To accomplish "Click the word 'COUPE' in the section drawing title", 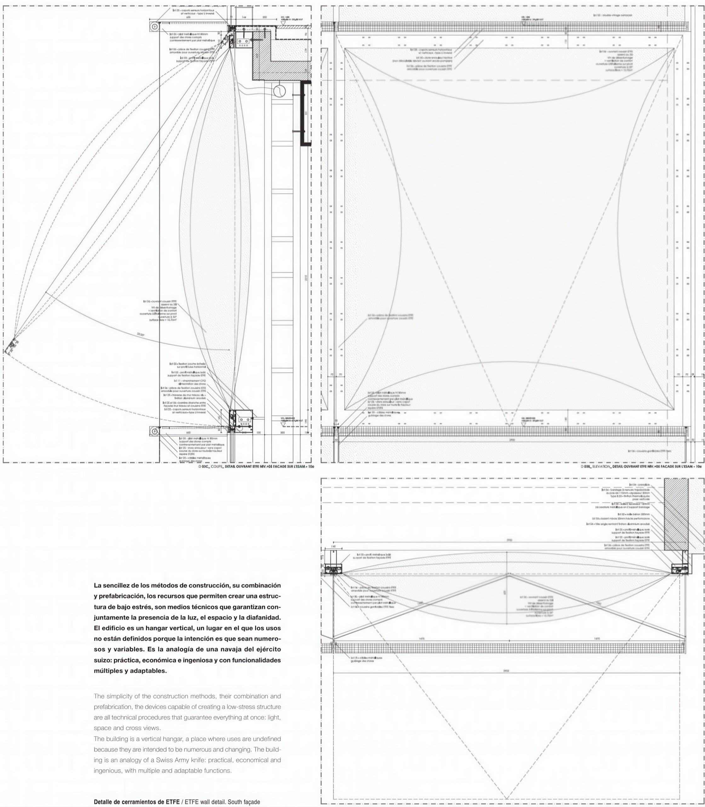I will (x=215, y=467).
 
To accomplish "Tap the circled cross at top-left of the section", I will (x=155, y=26).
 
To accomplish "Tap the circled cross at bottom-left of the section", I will (x=155, y=432).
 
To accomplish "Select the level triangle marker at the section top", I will (x=283, y=24).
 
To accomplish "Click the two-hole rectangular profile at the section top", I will (x=243, y=41).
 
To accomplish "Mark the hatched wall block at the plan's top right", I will (x=676, y=514).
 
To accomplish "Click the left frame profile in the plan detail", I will (x=333, y=569).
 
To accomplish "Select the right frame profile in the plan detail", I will (x=679, y=569).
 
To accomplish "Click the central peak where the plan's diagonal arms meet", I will (x=508, y=575).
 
